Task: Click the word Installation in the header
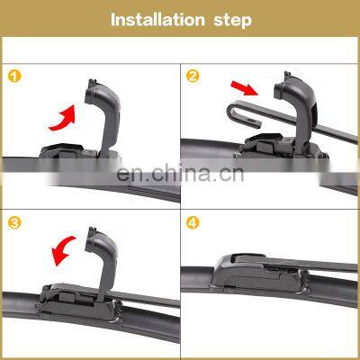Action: pyautogui.click(x=157, y=20)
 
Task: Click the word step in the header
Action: pyautogui.click(x=232, y=21)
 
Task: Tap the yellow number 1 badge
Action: pyautogui.click(x=14, y=76)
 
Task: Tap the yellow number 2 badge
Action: pyautogui.click(x=193, y=76)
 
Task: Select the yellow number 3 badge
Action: pyautogui.click(x=14, y=223)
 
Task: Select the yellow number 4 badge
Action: pyautogui.click(x=193, y=223)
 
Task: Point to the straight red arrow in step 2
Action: pyautogui.click(x=245, y=87)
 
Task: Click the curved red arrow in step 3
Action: pyautogui.click(x=63, y=249)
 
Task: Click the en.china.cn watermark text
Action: pyautogui.click(x=180, y=174)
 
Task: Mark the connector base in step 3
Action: pyautogui.click(x=78, y=303)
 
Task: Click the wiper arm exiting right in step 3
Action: pyautogui.click(x=146, y=298)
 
